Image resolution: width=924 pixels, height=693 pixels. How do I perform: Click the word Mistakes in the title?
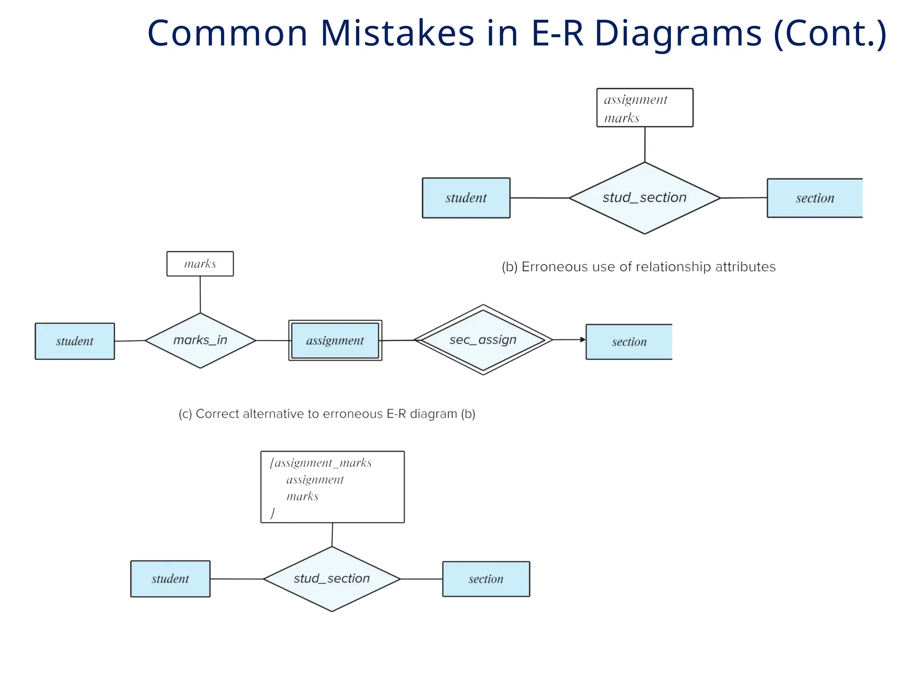click(397, 33)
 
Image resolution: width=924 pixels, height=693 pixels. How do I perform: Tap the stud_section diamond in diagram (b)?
click(644, 198)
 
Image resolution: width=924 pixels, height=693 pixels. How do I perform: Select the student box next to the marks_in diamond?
click(75, 341)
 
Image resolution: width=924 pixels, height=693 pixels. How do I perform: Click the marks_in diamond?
click(200, 340)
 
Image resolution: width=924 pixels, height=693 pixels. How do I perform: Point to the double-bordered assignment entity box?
click(335, 341)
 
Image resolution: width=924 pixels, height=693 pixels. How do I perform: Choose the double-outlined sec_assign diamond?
click(483, 340)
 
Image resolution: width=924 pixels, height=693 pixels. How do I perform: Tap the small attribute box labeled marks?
click(200, 264)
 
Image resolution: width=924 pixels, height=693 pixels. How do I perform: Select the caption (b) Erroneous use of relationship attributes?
click(638, 267)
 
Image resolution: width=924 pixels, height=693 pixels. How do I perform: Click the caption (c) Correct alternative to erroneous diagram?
click(327, 414)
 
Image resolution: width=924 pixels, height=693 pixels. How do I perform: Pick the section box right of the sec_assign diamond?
click(629, 342)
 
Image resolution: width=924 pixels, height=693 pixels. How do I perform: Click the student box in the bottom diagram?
click(170, 579)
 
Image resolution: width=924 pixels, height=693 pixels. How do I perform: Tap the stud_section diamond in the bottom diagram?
click(332, 579)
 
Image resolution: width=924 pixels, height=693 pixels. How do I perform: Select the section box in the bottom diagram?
click(486, 579)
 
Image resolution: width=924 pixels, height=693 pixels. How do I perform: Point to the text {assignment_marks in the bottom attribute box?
click(321, 463)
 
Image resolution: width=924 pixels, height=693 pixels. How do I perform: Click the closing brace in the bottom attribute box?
click(273, 513)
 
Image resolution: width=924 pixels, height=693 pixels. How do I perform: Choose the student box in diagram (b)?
click(466, 198)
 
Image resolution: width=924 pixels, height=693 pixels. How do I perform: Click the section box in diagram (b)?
click(815, 198)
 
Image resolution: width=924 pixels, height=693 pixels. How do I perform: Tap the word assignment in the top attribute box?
click(635, 100)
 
